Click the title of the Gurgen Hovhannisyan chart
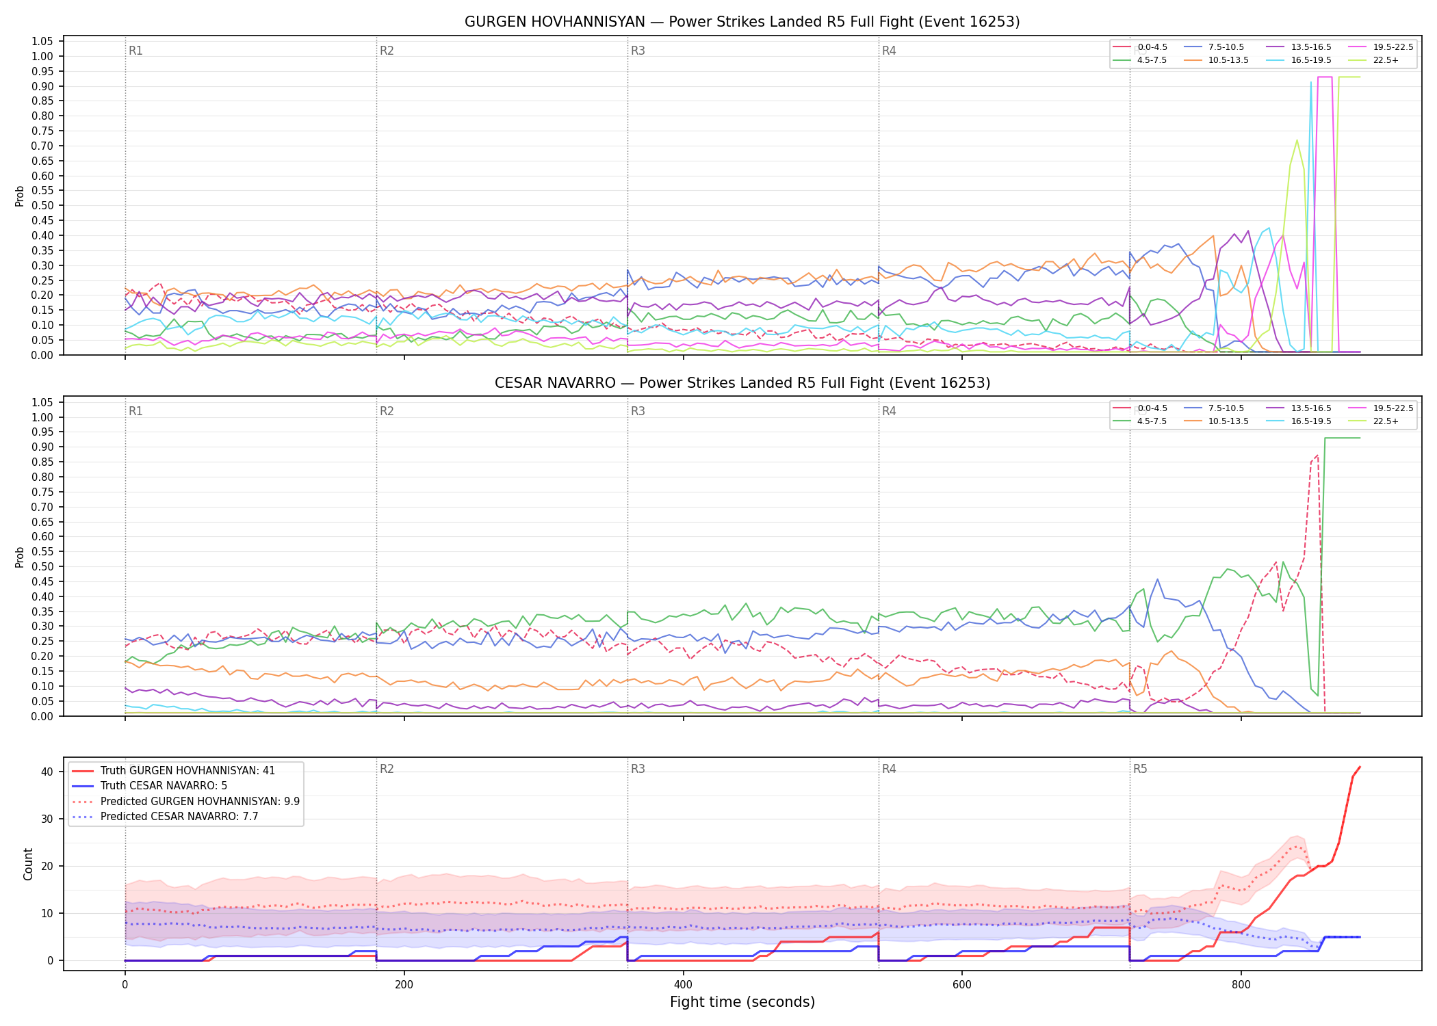click(x=742, y=22)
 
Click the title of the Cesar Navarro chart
click(x=742, y=383)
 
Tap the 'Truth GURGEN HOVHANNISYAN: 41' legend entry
click(x=173, y=771)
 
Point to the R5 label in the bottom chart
click(x=1140, y=769)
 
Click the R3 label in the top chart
click(x=638, y=51)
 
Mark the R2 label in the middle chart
click(x=387, y=411)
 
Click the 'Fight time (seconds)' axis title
click(x=742, y=1002)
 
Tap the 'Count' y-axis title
click(x=28, y=864)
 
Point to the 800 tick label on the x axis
click(x=1241, y=985)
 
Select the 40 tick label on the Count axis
click(x=47, y=772)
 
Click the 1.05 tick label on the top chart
click(x=42, y=42)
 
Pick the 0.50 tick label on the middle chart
click(x=42, y=567)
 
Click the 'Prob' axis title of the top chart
click(x=20, y=196)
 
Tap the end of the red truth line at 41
click(x=1360, y=767)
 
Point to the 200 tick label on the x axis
click(x=404, y=985)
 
